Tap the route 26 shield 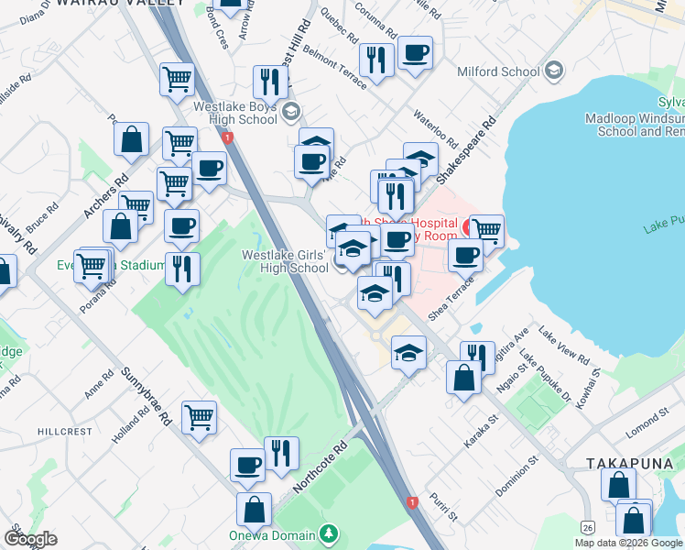click(x=587, y=526)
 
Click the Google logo click(x=29, y=539)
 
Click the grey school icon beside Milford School click(x=553, y=71)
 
